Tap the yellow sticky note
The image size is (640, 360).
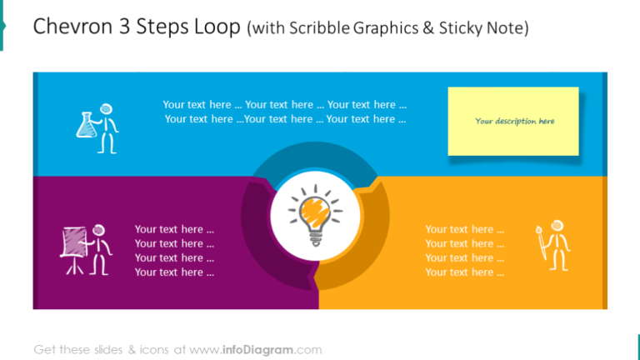point(513,121)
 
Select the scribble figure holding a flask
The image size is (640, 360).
point(98,127)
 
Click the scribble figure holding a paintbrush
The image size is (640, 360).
point(554,245)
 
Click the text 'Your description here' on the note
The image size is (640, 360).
point(514,122)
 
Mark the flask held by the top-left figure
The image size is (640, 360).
point(85,126)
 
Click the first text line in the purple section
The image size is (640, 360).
point(174,229)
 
